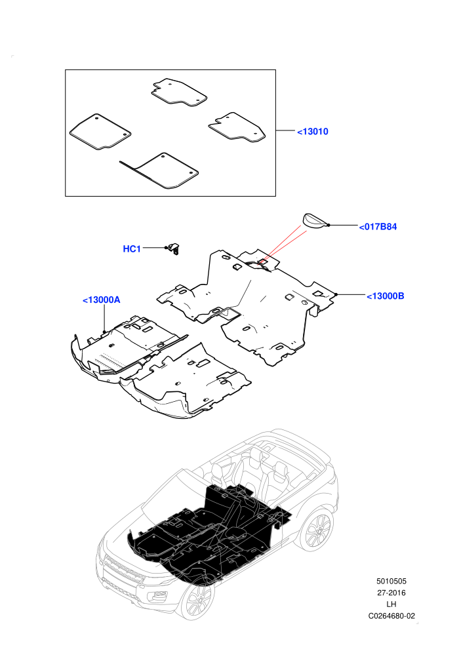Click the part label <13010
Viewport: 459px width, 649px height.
click(x=313, y=132)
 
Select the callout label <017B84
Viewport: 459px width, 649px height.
click(x=378, y=227)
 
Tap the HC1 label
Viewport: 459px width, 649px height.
click(x=132, y=248)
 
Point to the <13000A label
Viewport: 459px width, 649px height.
click(x=102, y=300)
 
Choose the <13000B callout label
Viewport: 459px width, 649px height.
click(x=386, y=296)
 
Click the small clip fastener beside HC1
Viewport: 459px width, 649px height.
click(x=174, y=248)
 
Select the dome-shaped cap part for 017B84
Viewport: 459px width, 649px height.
click(x=315, y=220)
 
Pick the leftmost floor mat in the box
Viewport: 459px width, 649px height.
click(x=100, y=131)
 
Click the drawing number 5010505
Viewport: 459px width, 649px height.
click(x=391, y=581)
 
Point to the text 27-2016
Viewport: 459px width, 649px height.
click(x=391, y=593)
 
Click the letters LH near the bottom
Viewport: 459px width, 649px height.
click(x=391, y=604)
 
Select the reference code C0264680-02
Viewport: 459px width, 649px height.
click(x=391, y=616)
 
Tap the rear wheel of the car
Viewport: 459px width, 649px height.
click(x=317, y=530)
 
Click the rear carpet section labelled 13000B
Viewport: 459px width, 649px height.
click(x=249, y=302)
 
